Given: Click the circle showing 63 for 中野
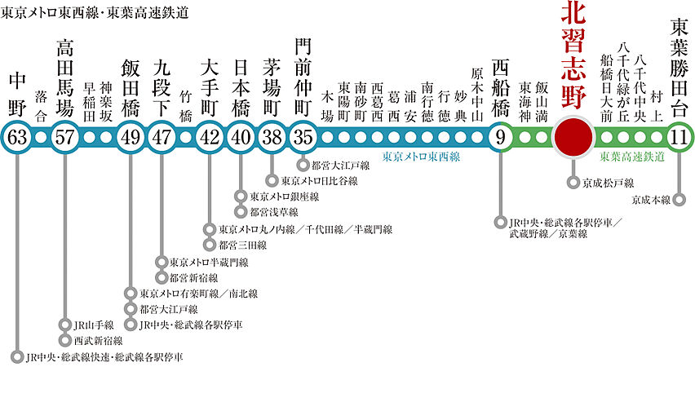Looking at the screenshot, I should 18,136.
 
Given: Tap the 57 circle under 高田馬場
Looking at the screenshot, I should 64,136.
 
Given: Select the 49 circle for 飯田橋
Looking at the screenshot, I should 131,136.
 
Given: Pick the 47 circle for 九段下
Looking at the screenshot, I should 162,136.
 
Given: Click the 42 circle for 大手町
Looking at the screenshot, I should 210,136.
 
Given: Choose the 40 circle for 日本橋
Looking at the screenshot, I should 241,136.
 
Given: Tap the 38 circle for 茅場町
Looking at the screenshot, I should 272,136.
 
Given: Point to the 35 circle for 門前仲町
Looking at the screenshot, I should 303,136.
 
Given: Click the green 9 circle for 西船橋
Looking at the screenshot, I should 498,136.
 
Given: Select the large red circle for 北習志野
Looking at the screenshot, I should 573,136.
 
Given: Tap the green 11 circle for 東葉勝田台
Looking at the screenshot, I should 678,136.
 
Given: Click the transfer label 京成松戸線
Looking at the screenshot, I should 608,183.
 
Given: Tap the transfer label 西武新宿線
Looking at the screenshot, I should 98,340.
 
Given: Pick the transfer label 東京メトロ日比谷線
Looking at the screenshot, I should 318,180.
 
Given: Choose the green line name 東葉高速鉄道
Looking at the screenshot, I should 631,157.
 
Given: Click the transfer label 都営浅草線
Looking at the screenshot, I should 273,211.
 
